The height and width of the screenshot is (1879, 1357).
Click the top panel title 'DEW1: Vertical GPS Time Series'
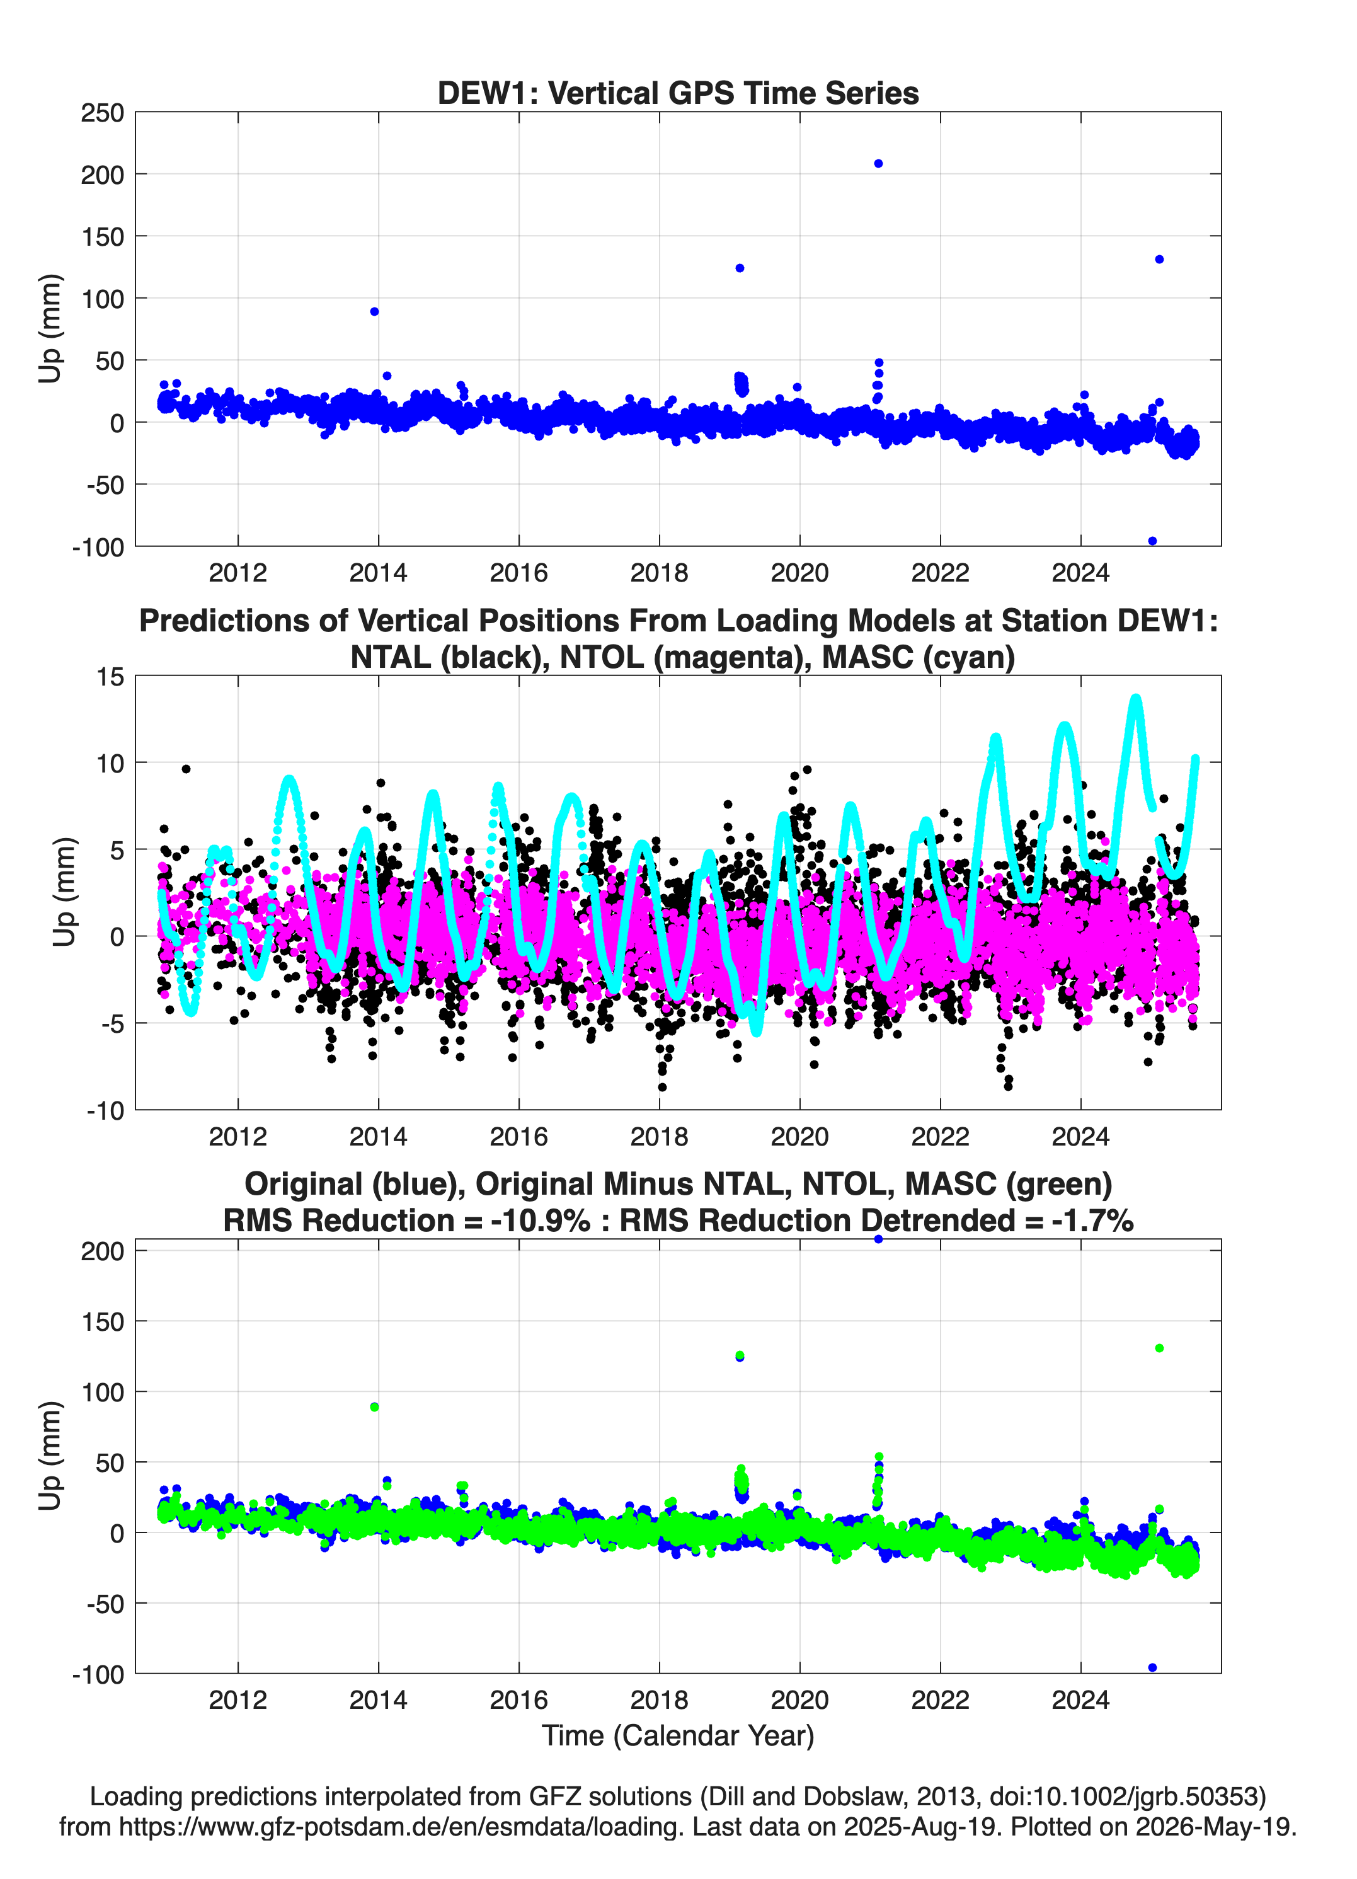(x=678, y=93)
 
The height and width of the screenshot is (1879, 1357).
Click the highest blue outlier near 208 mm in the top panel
(x=878, y=163)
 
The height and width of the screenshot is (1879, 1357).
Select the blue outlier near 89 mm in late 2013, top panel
(x=374, y=311)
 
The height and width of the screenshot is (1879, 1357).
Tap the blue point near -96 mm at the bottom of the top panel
(x=1152, y=541)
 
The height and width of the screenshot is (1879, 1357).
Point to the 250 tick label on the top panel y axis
(x=102, y=113)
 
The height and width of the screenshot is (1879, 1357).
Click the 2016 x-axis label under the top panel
(x=518, y=573)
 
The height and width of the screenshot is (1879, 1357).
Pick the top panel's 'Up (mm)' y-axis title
(x=50, y=328)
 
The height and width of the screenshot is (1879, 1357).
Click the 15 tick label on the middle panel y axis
(x=110, y=677)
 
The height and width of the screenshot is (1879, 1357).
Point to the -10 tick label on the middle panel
(x=105, y=1110)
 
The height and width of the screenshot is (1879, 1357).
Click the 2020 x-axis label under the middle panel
(x=799, y=1136)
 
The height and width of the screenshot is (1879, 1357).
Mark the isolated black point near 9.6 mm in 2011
(x=186, y=769)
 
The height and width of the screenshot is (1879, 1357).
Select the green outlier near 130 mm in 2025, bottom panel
(x=1159, y=1348)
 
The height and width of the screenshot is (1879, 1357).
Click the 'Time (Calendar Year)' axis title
(x=678, y=1735)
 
